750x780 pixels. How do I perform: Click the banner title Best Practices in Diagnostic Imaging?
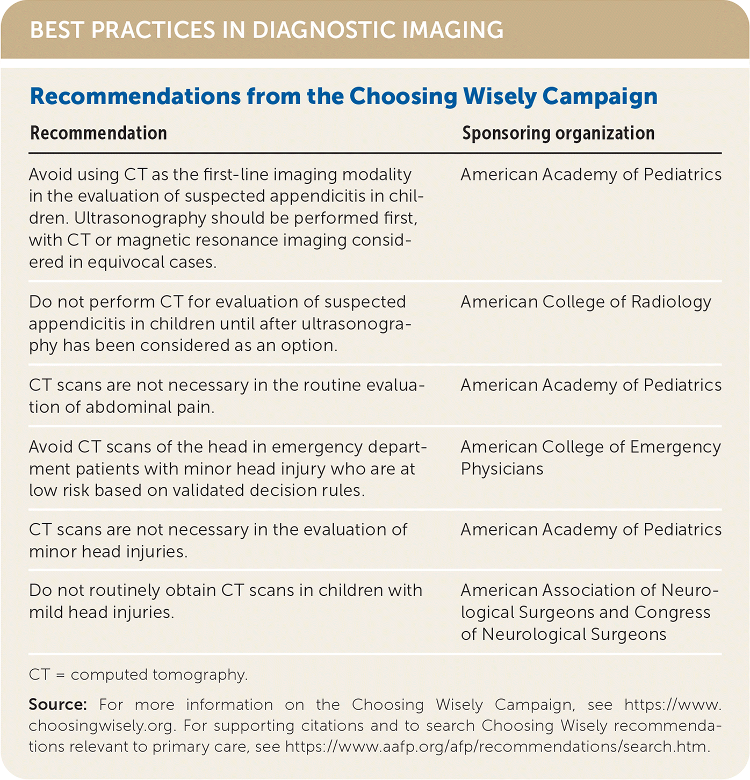coord(266,30)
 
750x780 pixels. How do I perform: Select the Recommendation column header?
coord(98,133)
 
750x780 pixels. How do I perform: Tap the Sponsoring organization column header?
coord(558,133)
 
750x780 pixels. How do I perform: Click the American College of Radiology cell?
coord(586,302)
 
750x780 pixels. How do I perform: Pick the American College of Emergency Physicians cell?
coord(590,458)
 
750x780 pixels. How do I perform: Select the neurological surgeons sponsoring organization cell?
coord(589,612)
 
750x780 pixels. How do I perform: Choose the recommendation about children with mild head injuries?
coord(226,601)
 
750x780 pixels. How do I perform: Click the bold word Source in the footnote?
coord(57,704)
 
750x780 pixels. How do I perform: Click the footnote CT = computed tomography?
coord(138,675)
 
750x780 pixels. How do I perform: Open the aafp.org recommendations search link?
coord(497,747)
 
